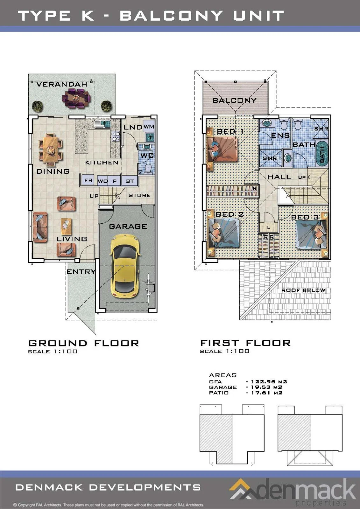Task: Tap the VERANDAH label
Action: pos(62,84)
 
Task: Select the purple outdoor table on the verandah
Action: pos(76,98)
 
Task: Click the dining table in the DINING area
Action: pos(51,150)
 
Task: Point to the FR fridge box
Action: pos(88,180)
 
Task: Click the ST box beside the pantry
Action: pos(130,181)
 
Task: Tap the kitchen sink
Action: pos(102,124)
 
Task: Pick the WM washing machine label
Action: pos(149,127)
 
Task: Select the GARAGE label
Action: pos(128,226)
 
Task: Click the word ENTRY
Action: pos(81,272)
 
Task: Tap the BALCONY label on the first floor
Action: pos(235,101)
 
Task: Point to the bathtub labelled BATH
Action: pos(322,153)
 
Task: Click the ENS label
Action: pos(280,136)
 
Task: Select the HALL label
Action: pos(279,177)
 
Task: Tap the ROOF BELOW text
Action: pos(303,290)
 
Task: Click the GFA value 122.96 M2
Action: pos(269,382)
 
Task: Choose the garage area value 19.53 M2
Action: pos(266,387)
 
